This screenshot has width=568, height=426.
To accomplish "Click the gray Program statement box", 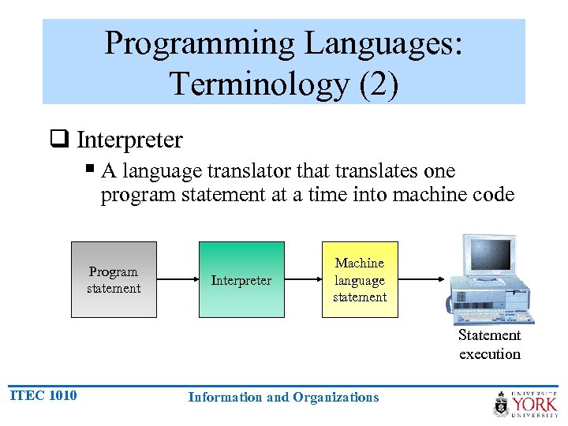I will tap(114, 280).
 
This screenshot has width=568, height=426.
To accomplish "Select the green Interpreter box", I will tap(241, 280).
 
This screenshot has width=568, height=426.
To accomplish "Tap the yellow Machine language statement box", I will tap(360, 280).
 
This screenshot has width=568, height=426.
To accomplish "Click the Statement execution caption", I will tap(490, 345).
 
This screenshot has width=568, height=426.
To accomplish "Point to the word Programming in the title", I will tap(211, 43).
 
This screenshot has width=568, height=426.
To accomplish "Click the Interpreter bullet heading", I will tap(129, 140).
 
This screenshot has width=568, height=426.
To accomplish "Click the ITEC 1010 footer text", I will tap(43, 395).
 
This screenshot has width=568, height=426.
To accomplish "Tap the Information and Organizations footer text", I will tap(283, 397).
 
